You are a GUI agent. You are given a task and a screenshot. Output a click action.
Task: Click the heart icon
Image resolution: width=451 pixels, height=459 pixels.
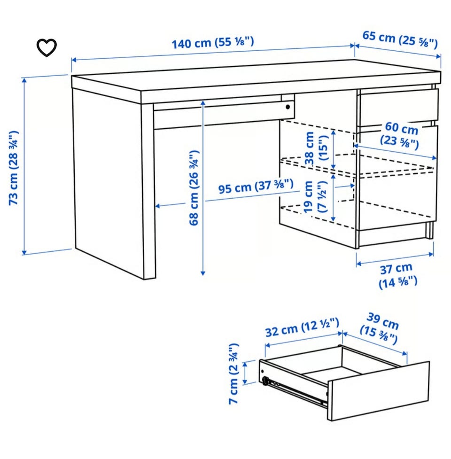(x=47, y=47)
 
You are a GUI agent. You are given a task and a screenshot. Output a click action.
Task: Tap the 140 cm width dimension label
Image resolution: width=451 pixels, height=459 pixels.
(x=212, y=43)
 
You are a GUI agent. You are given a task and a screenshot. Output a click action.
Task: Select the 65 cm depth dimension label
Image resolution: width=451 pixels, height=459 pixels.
(x=400, y=39)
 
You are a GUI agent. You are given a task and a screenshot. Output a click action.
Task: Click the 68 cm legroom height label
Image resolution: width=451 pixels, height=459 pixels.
(x=194, y=188)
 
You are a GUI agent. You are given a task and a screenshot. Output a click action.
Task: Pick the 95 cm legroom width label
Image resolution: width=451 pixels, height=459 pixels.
(x=256, y=187)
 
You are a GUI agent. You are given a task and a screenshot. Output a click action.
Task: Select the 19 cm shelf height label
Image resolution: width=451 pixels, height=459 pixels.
(x=315, y=197)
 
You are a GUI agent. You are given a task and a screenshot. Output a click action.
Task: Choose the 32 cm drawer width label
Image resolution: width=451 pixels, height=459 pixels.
(x=303, y=327)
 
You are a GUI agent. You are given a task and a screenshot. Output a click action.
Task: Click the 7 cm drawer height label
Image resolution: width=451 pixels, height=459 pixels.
(x=234, y=373)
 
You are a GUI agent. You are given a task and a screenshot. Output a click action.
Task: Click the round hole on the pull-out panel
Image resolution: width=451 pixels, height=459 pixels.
(x=288, y=107)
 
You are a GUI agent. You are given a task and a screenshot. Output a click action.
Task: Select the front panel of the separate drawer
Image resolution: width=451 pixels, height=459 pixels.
(x=378, y=391)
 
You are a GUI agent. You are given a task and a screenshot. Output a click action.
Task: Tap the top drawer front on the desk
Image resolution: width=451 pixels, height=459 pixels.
(x=399, y=108)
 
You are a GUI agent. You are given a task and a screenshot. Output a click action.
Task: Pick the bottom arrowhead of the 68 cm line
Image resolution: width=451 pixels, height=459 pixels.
(x=203, y=273)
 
